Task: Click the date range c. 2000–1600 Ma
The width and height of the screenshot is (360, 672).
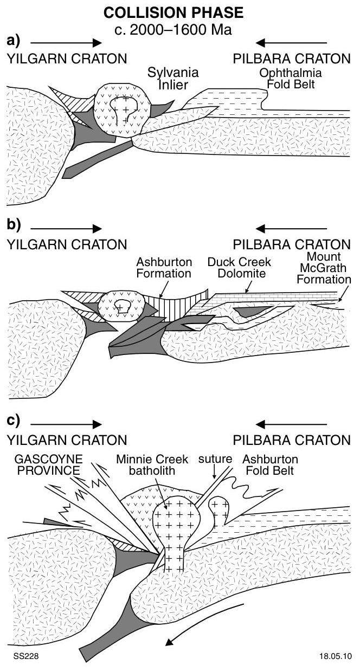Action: pos(173,29)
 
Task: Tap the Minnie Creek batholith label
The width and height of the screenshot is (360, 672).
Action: pos(152,464)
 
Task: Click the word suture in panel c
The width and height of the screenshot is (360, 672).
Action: pos(215,460)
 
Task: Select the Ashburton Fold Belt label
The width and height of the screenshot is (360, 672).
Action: pos(270,464)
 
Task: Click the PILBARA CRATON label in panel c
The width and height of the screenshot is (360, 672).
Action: pos(292,440)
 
